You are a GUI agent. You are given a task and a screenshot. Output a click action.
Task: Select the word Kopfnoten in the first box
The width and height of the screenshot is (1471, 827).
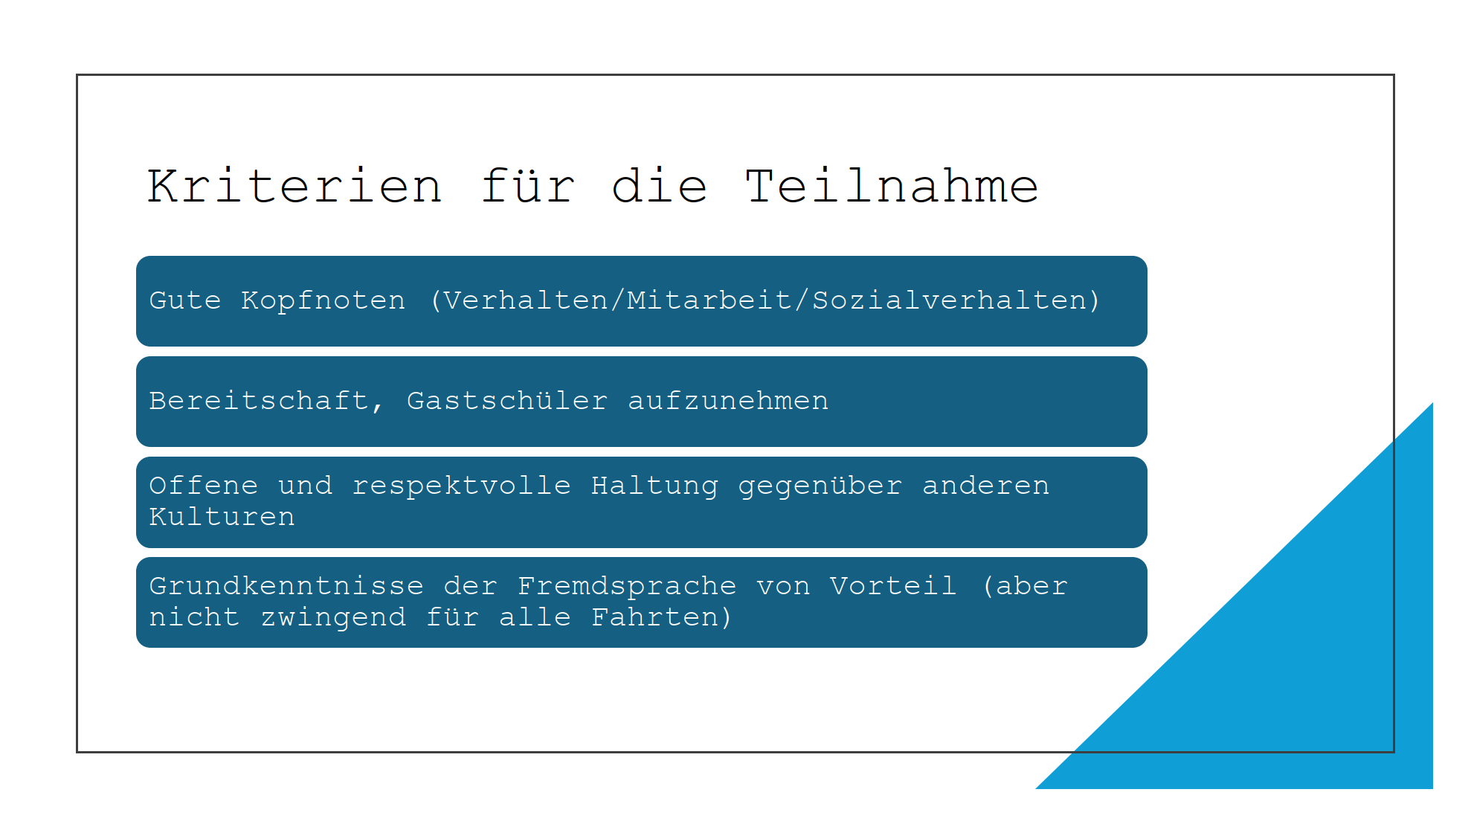[324, 301]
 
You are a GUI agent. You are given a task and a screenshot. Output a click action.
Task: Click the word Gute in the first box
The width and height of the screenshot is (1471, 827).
[185, 300]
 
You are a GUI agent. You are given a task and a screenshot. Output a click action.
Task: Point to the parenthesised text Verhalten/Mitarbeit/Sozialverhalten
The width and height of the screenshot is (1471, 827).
[765, 300]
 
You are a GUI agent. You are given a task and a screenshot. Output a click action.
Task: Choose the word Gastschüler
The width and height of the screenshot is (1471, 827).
[507, 401]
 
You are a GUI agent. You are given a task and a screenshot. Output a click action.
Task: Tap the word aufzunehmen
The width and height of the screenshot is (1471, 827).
[728, 401]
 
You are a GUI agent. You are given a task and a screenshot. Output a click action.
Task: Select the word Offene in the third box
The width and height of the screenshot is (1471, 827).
[204, 486]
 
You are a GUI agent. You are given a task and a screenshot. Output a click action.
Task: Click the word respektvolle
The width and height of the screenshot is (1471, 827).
[461, 486]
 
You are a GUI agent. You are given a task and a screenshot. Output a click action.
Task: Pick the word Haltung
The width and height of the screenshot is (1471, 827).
[654, 486]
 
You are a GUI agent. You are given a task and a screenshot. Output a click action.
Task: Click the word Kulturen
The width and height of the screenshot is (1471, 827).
[222, 517]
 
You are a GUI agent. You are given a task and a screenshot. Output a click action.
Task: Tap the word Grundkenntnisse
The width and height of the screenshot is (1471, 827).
[286, 586]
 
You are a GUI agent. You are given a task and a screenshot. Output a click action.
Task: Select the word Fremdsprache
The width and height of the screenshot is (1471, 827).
[627, 587]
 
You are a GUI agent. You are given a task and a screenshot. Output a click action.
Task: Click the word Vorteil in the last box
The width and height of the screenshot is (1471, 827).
[893, 586]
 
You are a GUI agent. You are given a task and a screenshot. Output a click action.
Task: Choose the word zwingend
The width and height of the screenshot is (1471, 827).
[333, 618]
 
